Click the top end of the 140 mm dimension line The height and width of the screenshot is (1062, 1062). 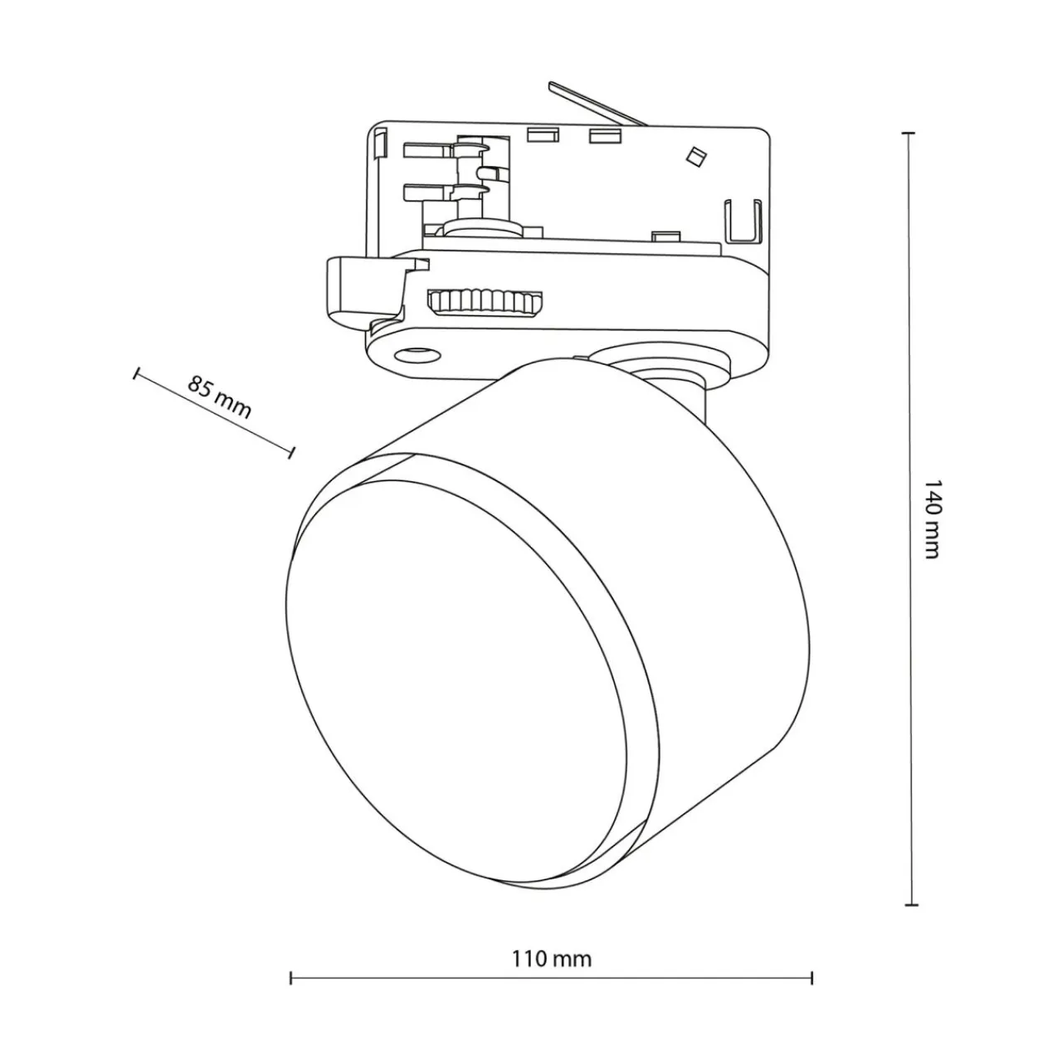[909, 134]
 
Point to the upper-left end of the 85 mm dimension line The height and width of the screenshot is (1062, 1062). [134, 373]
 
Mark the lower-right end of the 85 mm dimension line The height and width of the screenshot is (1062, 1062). [292, 452]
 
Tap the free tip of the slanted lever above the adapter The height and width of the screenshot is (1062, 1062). [550, 85]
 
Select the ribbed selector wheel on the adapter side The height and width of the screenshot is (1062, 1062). [485, 303]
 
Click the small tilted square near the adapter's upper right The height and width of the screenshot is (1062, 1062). [695, 155]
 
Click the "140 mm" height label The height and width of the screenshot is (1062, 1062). [931, 519]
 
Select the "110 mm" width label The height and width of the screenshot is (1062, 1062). [552, 958]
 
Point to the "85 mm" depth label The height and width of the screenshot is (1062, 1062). [219, 397]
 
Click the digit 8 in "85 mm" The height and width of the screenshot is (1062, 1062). [196, 383]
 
